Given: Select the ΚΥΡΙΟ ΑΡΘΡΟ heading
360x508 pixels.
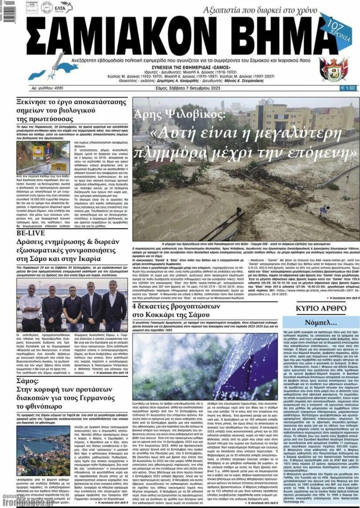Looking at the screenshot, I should (x=320, y=308).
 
